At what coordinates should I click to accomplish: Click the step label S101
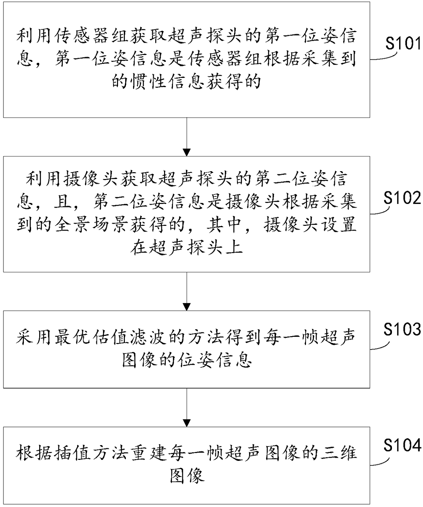click(x=403, y=44)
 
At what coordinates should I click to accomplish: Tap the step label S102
click(x=402, y=198)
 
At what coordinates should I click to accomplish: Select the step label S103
click(x=402, y=329)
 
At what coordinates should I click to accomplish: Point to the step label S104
click(x=402, y=445)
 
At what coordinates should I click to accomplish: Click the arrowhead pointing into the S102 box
click(x=187, y=152)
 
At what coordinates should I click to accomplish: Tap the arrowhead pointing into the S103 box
click(x=187, y=307)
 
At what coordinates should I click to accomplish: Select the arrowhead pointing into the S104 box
click(x=187, y=423)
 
